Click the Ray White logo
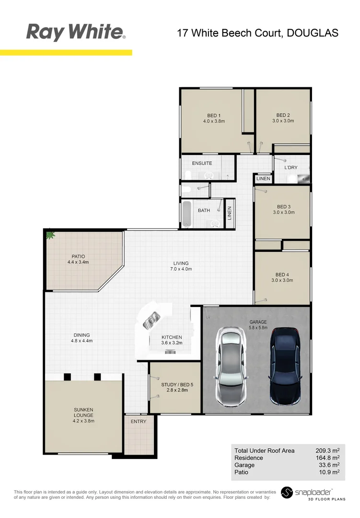[x=76, y=32]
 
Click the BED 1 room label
[x=214, y=116]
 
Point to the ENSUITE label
[x=202, y=164]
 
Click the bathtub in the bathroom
[x=187, y=214]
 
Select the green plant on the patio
[x=50, y=235]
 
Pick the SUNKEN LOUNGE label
[x=83, y=412]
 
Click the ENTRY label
[x=139, y=421]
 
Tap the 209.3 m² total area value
[x=327, y=451]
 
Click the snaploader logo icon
[x=287, y=493]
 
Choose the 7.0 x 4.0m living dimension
[x=181, y=269]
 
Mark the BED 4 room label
[x=283, y=275]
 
